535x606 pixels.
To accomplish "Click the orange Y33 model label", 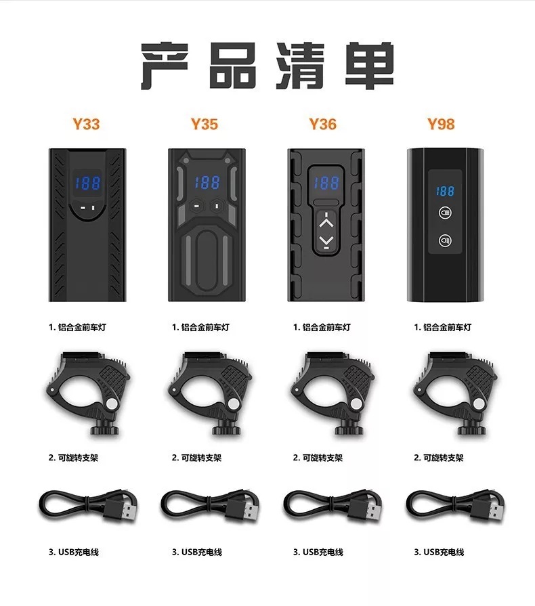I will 86,124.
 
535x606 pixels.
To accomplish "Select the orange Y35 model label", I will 205,124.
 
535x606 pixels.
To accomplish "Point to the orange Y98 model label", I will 441,124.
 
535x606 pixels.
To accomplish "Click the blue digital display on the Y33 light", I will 86,183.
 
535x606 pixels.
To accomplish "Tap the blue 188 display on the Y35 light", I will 206,182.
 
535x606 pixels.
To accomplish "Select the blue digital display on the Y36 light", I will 326,182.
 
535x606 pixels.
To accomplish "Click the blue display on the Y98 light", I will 446,192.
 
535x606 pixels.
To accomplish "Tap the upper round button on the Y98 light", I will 446,211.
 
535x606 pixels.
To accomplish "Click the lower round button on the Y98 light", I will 446,240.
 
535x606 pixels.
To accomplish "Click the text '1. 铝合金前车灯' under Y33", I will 77,327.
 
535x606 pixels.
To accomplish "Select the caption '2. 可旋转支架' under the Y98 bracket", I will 439,458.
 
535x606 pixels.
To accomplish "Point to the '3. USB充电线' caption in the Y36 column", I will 318,552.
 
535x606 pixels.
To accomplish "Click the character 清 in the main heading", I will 303,66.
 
